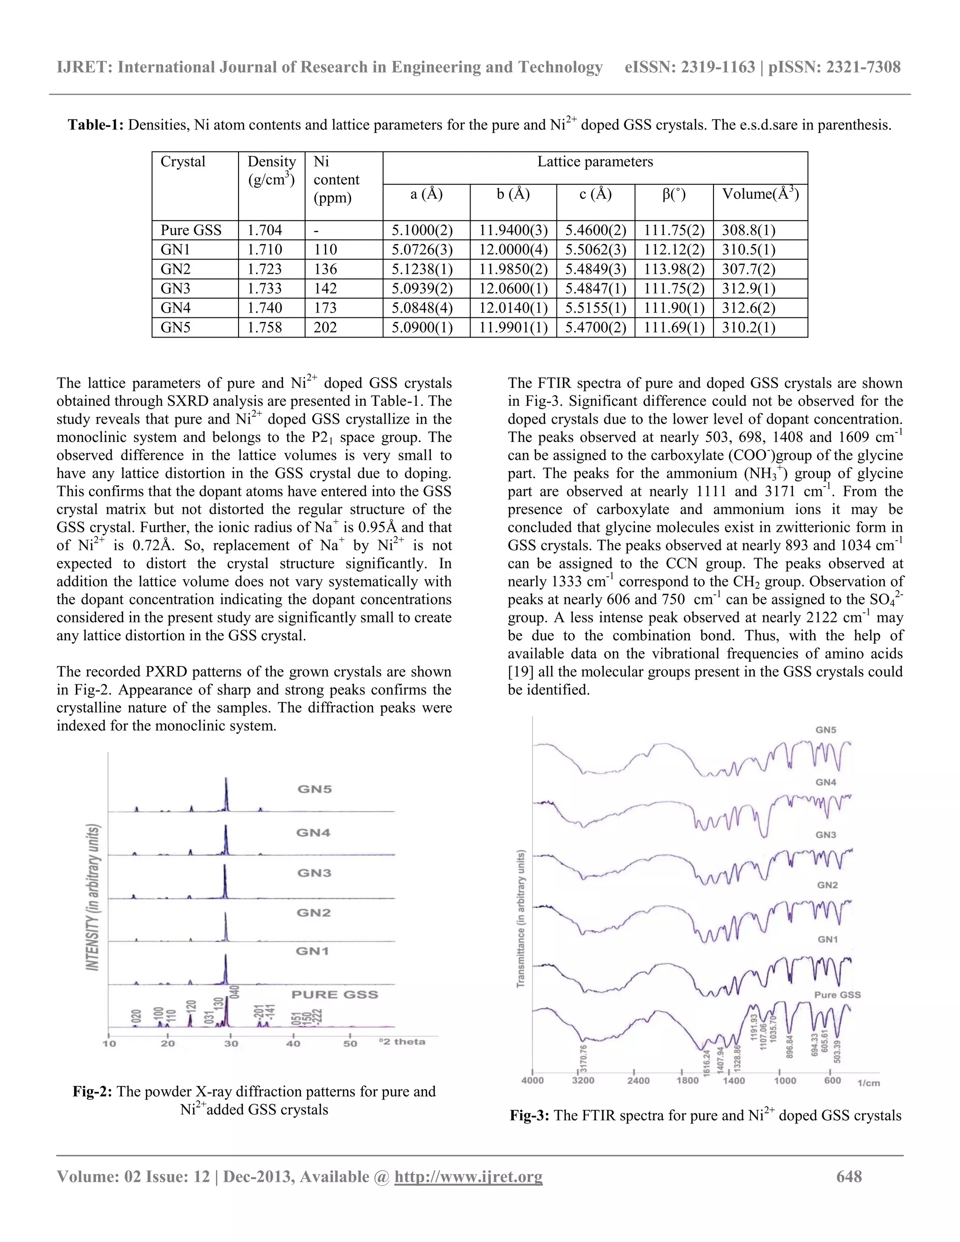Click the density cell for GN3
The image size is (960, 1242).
click(264, 288)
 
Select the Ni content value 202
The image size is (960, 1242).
click(325, 328)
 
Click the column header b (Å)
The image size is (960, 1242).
click(513, 195)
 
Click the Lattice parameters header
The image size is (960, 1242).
click(595, 162)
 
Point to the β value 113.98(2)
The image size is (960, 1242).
click(674, 269)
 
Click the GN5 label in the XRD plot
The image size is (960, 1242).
click(315, 789)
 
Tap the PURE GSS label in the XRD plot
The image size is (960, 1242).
click(334, 995)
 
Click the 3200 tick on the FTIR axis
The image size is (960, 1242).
click(582, 1080)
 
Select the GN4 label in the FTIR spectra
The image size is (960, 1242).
click(826, 783)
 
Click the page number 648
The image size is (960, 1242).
click(848, 1176)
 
